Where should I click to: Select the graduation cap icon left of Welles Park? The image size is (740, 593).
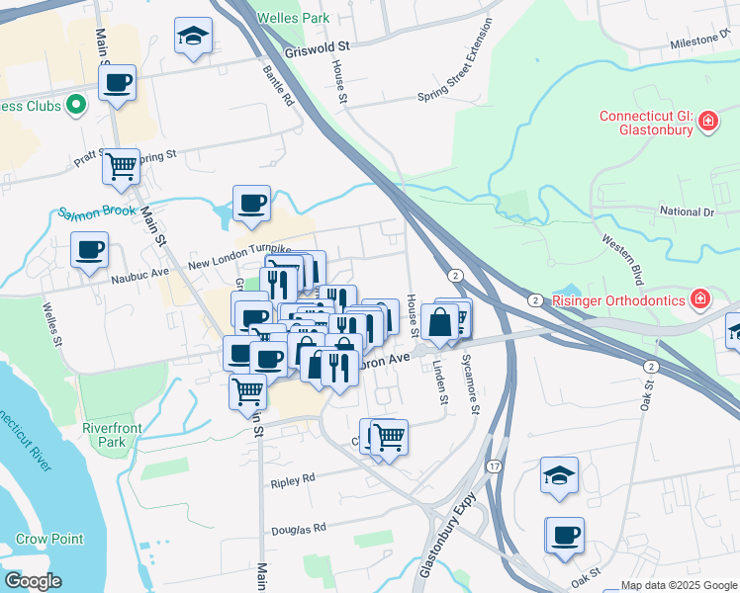pyautogui.click(x=193, y=38)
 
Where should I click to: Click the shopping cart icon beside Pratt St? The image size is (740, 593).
pyautogui.click(x=122, y=167)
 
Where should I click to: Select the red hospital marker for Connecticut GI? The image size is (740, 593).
pyautogui.click(x=708, y=123)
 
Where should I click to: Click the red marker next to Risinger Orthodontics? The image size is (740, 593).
pyautogui.click(x=700, y=298)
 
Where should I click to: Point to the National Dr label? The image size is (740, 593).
pyautogui.click(x=686, y=212)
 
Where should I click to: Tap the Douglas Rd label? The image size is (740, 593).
pyautogui.click(x=299, y=529)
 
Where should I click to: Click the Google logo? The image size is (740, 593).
pyautogui.click(x=32, y=581)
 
